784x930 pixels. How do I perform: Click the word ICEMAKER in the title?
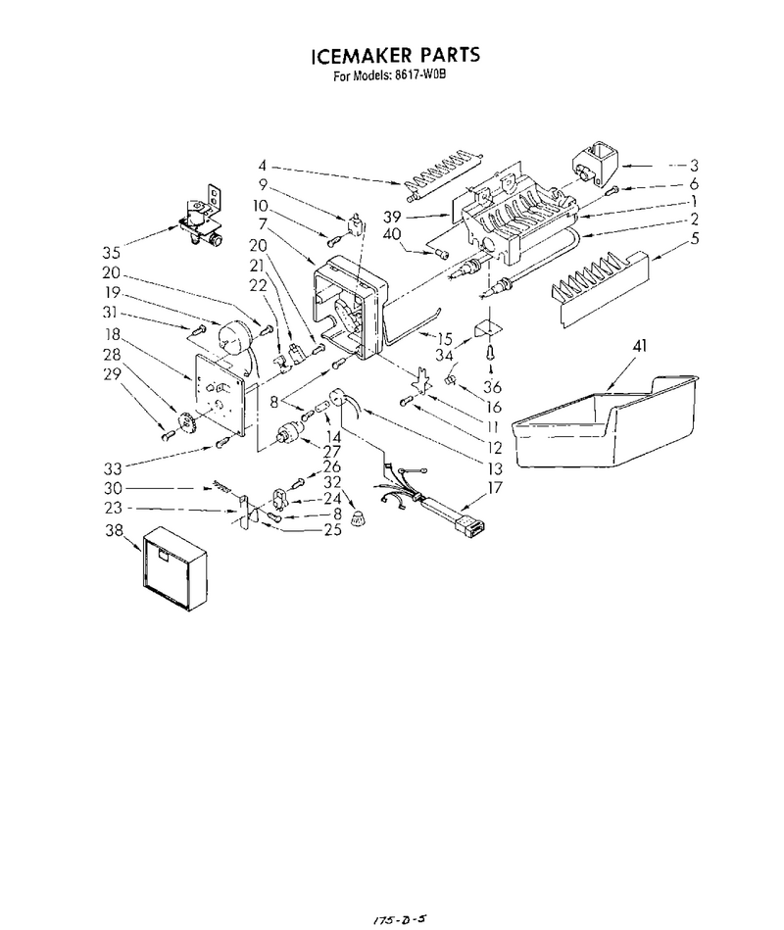click(362, 56)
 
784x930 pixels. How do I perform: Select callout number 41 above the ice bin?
click(639, 346)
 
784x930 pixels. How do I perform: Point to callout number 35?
click(111, 253)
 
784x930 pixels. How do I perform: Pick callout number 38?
click(114, 530)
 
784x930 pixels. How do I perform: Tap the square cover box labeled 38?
click(175, 568)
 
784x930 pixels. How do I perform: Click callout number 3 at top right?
click(694, 166)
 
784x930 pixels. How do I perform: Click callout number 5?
click(695, 239)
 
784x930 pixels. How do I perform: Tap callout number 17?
click(494, 488)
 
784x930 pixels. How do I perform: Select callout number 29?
click(112, 374)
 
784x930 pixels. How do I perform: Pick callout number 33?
click(112, 469)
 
